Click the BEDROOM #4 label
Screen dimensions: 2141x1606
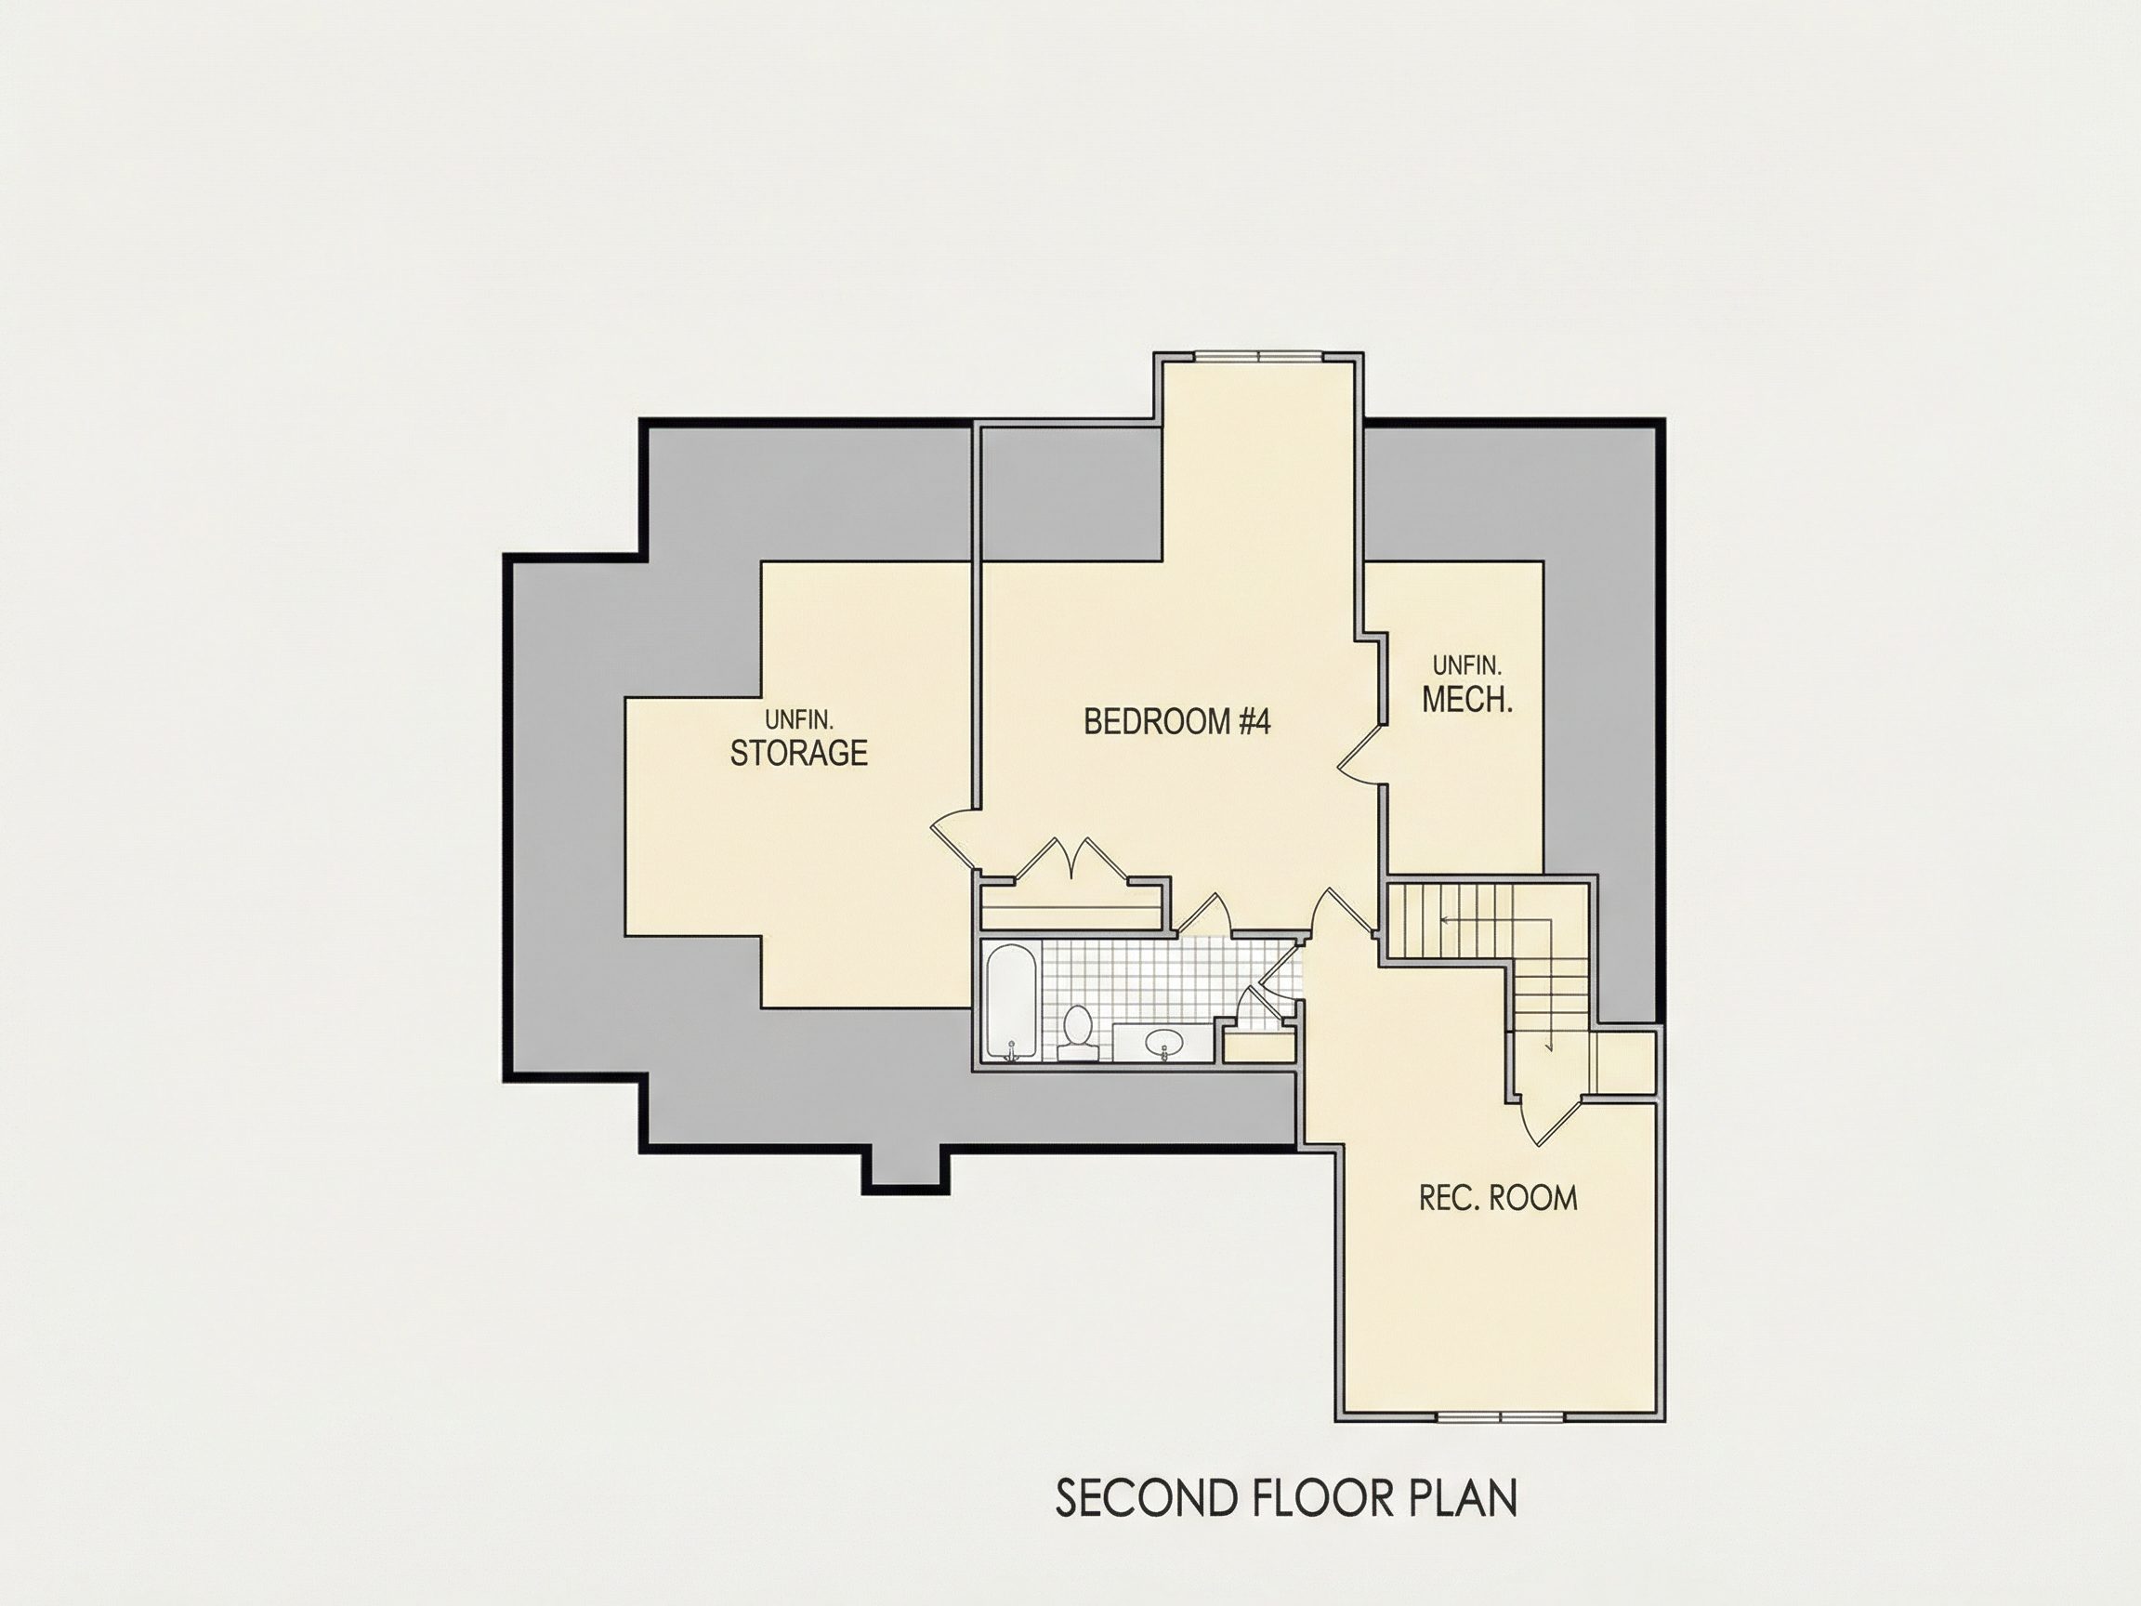[1176, 721]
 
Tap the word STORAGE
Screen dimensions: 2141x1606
[798, 753]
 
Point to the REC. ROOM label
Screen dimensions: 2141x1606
[1497, 1198]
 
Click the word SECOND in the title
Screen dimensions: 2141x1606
[1146, 1498]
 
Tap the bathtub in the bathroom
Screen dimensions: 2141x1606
[1011, 1003]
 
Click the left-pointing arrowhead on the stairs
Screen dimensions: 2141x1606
[1445, 920]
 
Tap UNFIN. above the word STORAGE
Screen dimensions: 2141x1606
[798, 720]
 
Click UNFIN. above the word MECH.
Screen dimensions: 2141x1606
[1467, 665]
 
